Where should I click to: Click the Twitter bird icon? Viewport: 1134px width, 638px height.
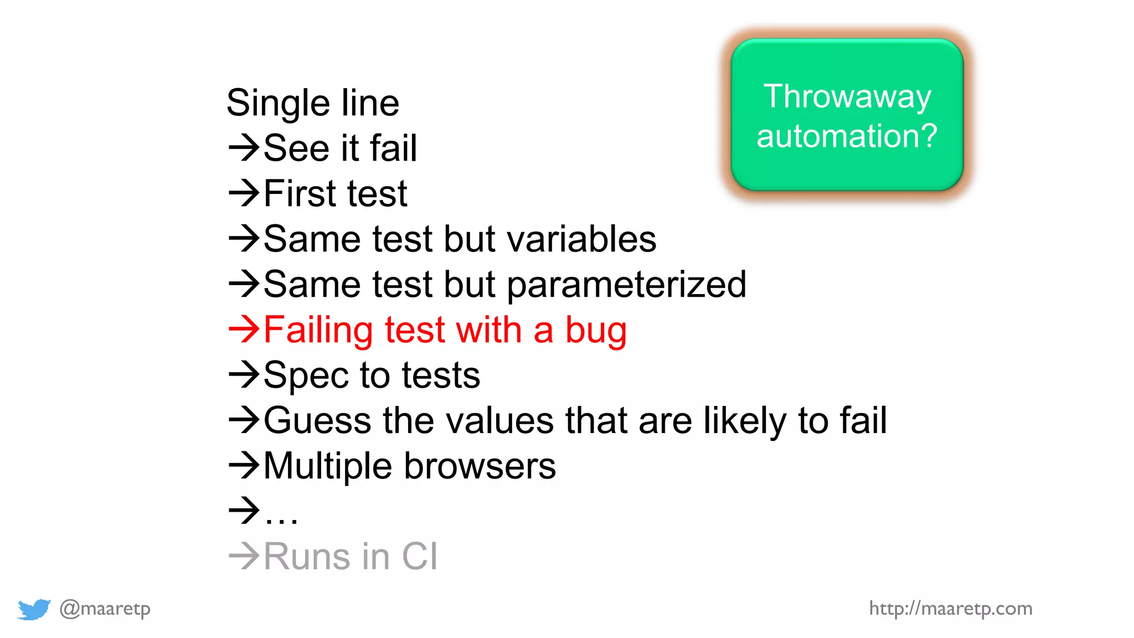(x=34, y=609)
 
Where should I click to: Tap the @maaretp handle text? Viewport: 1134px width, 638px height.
(x=105, y=609)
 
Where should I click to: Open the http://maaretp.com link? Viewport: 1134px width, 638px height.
(x=950, y=609)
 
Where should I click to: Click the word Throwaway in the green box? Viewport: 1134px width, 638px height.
(x=847, y=96)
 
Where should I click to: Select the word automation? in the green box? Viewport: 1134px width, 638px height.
(x=847, y=136)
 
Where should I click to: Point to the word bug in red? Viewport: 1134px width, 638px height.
(x=596, y=331)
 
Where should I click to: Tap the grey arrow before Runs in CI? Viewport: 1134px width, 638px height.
(x=244, y=555)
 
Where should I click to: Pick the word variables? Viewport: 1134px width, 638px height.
(x=581, y=239)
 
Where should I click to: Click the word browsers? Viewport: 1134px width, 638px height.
(x=480, y=466)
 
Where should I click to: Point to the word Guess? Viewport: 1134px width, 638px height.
(x=317, y=420)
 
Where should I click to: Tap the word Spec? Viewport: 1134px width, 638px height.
(x=306, y=376)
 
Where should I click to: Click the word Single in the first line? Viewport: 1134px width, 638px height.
(x=278, y=104)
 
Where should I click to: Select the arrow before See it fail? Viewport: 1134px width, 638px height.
(x=244, y=148)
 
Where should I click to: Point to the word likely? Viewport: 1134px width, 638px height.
(x=744, y=421)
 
